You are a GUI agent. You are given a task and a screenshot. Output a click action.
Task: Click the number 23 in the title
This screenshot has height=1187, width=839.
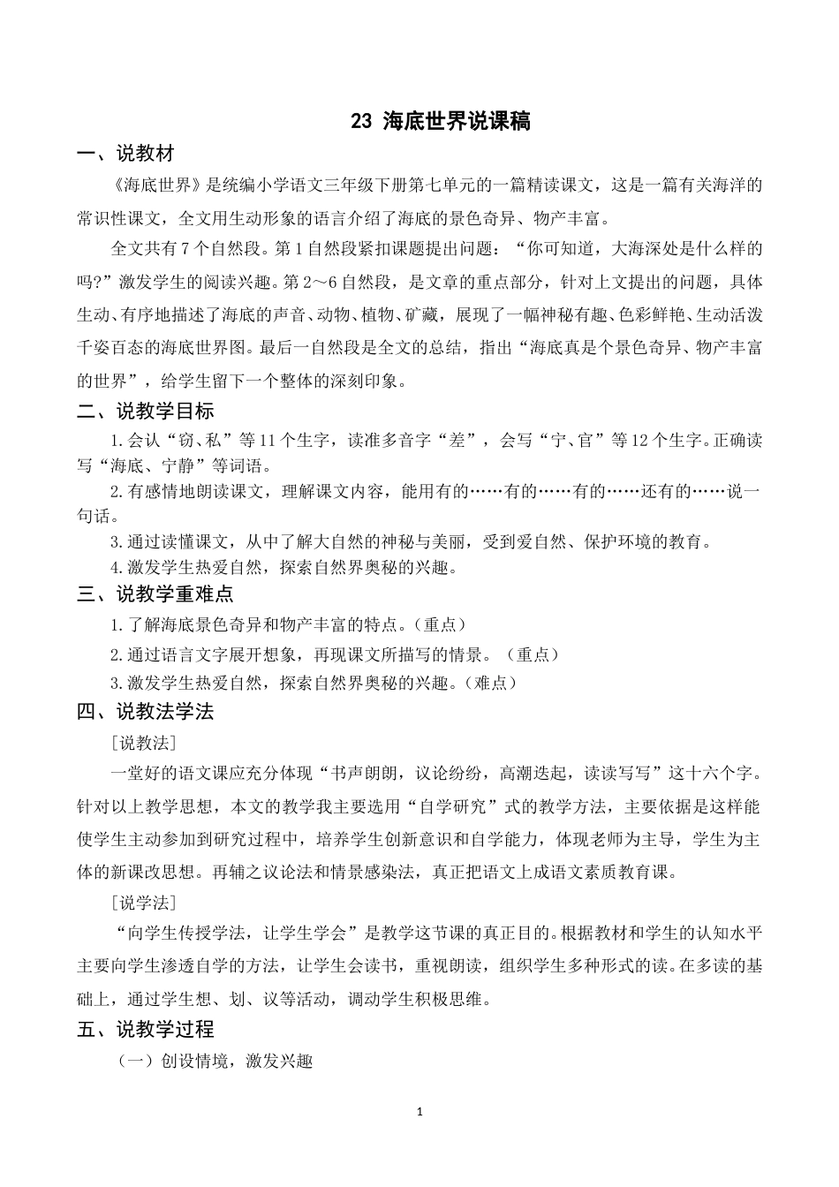(361, 123)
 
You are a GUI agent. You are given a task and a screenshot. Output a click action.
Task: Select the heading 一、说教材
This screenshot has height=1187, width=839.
(125, 155)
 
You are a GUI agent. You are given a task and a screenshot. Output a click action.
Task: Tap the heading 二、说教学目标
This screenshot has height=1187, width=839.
(145, 411)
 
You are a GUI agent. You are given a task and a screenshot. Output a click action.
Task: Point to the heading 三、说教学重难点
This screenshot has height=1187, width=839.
(155, 594)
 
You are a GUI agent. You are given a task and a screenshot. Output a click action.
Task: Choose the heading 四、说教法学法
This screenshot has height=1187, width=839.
(145, 711)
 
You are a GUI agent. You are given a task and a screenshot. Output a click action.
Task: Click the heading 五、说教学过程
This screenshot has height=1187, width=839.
(145, 1029)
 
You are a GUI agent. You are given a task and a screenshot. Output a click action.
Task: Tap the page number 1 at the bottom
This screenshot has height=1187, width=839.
(420, 1111)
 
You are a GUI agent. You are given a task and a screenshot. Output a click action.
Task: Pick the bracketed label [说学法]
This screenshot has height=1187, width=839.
(144, 903)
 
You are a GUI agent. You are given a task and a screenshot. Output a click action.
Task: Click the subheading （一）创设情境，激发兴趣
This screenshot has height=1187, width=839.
(215, 1061)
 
